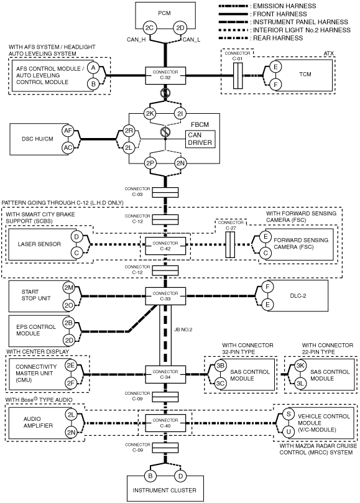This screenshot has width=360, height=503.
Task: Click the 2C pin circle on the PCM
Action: (x=149, y=28)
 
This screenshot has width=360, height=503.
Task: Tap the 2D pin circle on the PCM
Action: (x=180, y=28)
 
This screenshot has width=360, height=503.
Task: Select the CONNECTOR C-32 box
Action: (x=165, y=76)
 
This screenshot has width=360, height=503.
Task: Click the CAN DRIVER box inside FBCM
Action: (x=200, y=139)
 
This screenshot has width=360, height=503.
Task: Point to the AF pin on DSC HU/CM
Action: (x=68, y=131)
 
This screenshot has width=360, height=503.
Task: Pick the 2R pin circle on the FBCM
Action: (x=129, y=131)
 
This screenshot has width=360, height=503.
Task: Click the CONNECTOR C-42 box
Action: (x=165, y=246)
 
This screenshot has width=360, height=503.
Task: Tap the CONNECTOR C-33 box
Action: (x=165, y=296)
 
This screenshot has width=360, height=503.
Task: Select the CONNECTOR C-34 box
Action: (x=165, y=374)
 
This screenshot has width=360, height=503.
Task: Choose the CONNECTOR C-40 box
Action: (x=165, y=423)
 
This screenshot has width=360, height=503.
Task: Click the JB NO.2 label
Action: (x=183, y=330)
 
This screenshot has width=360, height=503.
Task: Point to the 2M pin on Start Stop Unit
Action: (x=68, y=288)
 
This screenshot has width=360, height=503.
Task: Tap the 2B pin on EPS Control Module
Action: (x=68, y=323)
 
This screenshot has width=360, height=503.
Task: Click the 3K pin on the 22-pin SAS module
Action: (x=300, y=366)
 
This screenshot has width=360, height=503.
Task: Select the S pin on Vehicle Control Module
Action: (x=288, y=414)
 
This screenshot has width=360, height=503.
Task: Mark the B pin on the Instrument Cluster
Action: (x=150, y=476)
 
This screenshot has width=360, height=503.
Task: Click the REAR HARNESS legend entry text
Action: (x=278, y=38)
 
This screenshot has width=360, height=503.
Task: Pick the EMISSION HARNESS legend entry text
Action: (x=285, y=6)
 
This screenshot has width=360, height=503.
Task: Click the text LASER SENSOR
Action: (x=39, y=244)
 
